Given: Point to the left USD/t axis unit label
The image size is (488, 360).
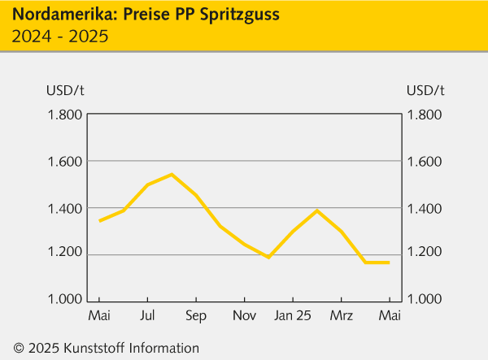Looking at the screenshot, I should (x=63, y=89).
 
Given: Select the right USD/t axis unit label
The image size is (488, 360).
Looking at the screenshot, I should (x=425, y=89).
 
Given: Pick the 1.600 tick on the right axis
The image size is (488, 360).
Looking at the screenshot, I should (x=425, y=161).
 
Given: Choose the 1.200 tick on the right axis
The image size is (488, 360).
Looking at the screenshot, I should (x=425, y=254).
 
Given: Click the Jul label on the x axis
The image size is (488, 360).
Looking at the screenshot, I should (x=147, y=315).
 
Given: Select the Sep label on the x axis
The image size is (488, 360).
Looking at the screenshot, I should (x=195, y=315).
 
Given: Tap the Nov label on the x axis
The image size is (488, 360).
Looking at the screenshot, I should (x=243, y=315).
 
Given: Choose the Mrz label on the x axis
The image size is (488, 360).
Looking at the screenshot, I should (x=341, y=315).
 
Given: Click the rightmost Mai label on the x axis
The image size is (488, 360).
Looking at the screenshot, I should (x=389, y=315).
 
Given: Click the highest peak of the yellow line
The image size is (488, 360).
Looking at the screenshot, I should (x=172, y=174).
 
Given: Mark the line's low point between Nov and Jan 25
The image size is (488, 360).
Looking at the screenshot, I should (x=268, y=257).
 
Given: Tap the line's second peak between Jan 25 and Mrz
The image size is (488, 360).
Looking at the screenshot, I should (x=316, y=210).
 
